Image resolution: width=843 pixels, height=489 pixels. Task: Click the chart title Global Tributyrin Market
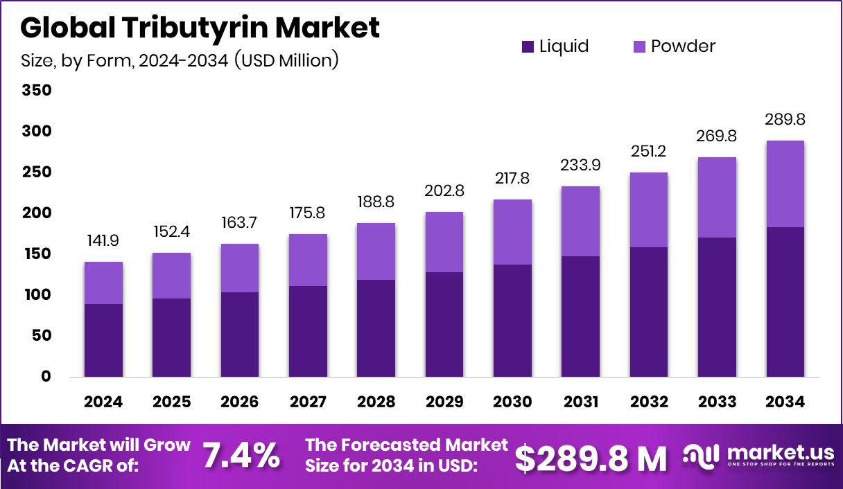point(200,28)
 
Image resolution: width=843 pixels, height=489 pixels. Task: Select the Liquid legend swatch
point(528,47)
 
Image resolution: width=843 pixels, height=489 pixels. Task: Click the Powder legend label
point(683,46)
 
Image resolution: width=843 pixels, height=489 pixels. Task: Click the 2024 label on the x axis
point(103,402)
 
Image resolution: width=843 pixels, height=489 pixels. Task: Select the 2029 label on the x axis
point(444,402)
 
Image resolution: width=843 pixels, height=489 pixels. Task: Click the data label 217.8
point(512,179)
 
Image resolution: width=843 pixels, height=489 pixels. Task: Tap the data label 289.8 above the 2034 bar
point(785,120)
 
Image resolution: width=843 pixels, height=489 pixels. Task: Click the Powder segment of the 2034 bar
point(785,184)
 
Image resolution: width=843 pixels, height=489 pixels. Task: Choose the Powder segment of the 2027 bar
point(308,260)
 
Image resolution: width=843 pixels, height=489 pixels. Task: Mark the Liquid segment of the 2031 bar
point(580,317)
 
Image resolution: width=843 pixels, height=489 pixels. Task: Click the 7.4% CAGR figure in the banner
point(241,456)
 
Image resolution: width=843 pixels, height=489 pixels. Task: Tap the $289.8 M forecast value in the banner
point(591,457)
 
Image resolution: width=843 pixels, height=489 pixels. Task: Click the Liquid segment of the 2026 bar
point(240,335)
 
